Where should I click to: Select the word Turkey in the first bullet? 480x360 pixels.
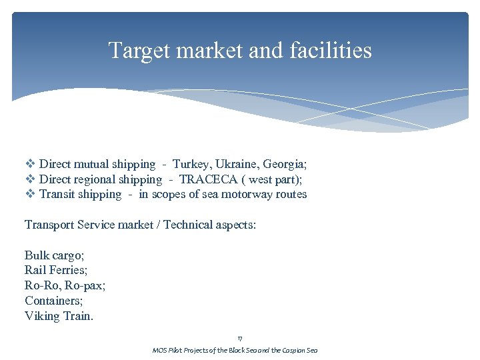pos(190,164)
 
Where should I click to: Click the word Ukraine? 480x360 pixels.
pos(235,164)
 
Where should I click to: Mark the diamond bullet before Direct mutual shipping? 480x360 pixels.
pos(30,164)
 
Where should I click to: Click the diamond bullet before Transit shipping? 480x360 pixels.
pos(30,195)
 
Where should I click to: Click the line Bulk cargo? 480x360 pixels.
pos(53,255)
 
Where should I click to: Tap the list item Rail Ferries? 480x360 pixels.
pos(55,271)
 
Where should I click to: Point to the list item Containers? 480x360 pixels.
pos(53,301)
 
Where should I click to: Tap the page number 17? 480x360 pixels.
pos(240,339)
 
